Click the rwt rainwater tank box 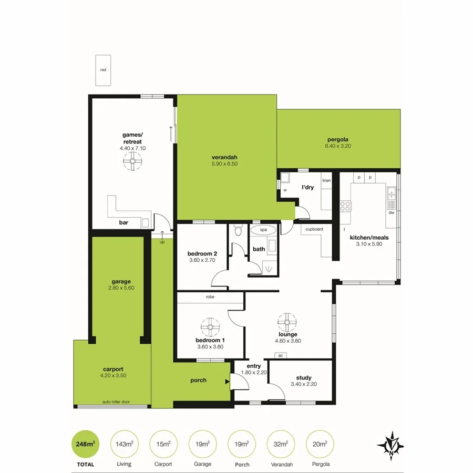tap(103, 70)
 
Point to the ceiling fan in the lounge tap(287, 321)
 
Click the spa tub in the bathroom tap(263, 230)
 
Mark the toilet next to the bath tap(238, 231)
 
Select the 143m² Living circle tap(124, 444)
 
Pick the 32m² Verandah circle tap(281, 444)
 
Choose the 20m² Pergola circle tap(320, 444)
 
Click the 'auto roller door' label tap(116, 402)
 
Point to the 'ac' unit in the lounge tap(281, 356)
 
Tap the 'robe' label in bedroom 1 tap(210, 297)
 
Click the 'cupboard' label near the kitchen tap(314, 229)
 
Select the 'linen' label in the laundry tap(326, 180)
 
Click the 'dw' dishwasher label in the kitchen tap(391, 213)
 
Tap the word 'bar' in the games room tap(124, 223)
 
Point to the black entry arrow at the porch tap(227, 382)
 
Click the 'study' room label tap(303, 377)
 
